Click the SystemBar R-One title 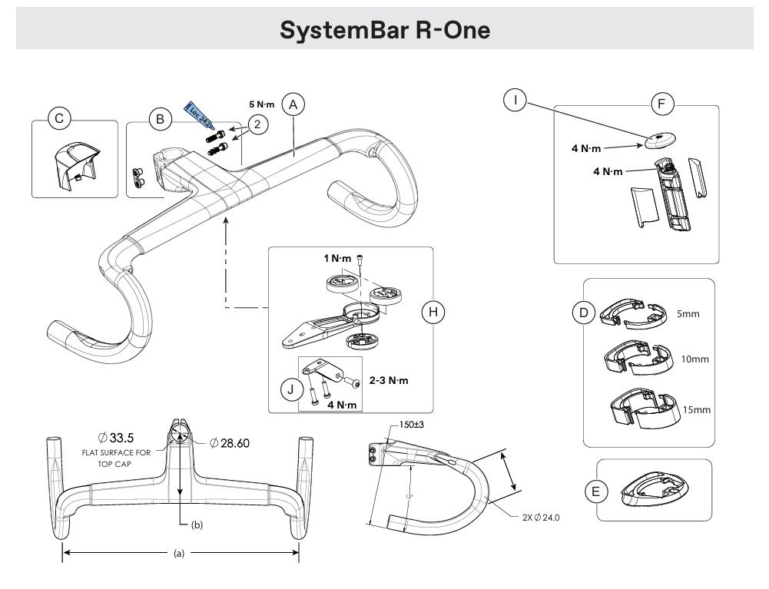click(384, 30)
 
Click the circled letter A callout click(293, 105)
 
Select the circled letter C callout click(59, 118)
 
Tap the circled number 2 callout click(258, 123)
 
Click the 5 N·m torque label click(262, 104)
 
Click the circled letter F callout click(661, 104)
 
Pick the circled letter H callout click(433, 311)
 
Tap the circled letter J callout click(289, 389)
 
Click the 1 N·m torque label click(337, 259)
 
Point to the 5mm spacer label click(688, 314)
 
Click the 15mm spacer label click(696, 410)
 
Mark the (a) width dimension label click(180, 551)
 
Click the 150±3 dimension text click(413, 425)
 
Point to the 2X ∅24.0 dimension click(542, 518)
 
